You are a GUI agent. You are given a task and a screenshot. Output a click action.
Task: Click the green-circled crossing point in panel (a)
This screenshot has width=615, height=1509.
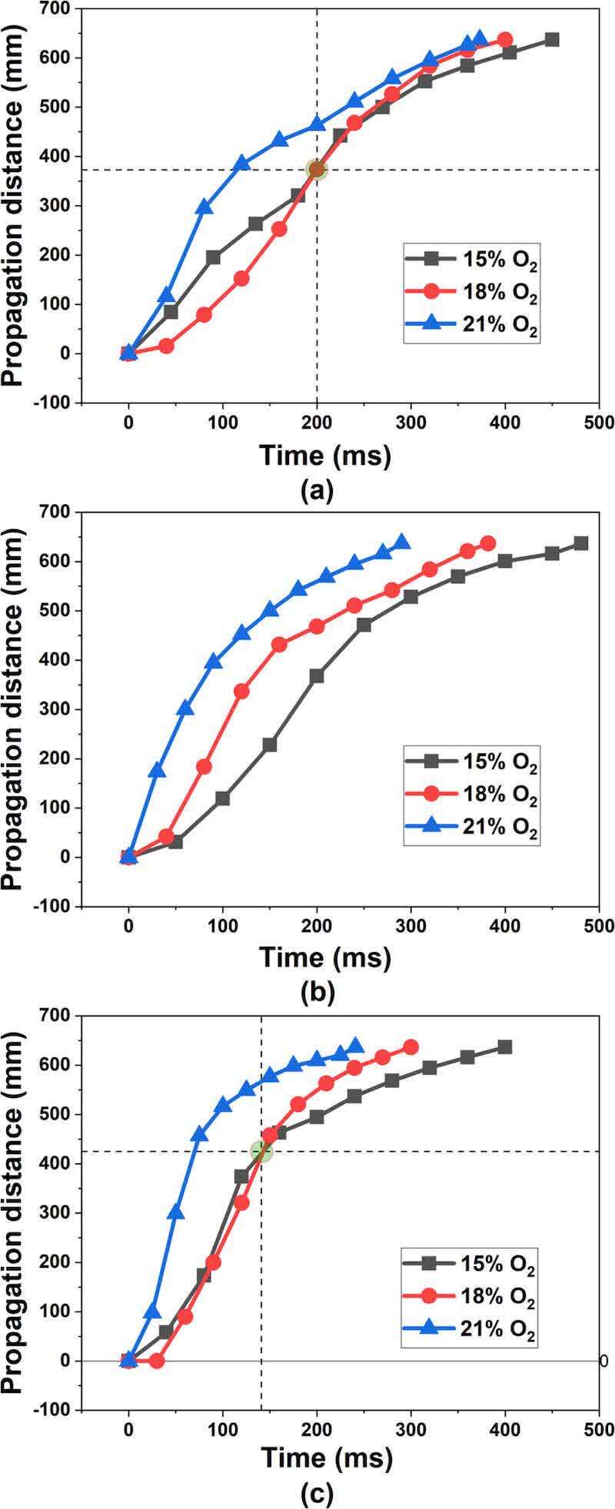[x=317, y=169]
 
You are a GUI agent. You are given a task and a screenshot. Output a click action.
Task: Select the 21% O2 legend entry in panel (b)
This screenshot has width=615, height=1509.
[x=470, y=831]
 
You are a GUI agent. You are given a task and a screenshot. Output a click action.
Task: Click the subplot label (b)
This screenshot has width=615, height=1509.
[x=317, y=993]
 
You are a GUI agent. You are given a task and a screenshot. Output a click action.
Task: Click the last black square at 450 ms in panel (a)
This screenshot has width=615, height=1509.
[x=552, y=39]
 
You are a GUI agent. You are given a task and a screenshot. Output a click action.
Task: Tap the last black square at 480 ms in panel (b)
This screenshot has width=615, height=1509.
[x=580, y=543]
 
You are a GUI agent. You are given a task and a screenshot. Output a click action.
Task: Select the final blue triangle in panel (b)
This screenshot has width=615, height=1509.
[x=401, y=542]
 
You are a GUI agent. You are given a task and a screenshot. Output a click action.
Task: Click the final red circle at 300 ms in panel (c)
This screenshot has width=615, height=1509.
[x=411, y=1047]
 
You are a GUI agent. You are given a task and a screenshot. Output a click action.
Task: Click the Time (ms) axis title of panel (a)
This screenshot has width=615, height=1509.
[x=326, y=456]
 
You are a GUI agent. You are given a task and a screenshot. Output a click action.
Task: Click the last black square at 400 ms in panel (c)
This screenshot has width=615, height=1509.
[x=505, y=1047]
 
